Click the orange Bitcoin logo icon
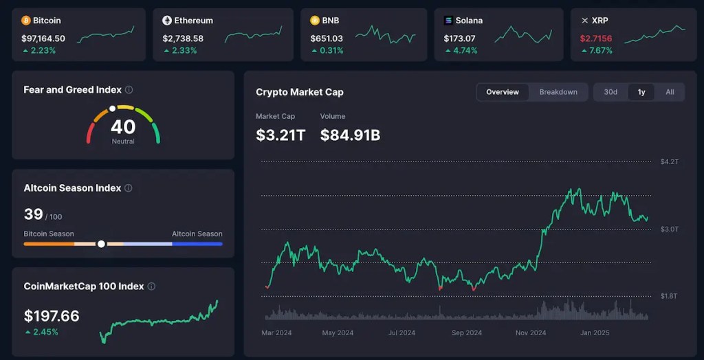tap(26, 21)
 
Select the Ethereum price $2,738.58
tap(183, 38)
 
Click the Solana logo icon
tap(448, 21)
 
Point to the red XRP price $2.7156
tap(595, 38)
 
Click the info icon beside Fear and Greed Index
tap(129, 90)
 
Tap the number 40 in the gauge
tap(123, 126)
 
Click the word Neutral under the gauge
tap(123, 142)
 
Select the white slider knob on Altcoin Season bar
tap(102, 244)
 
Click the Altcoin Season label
tap(197, 234)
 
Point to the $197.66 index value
tap(52, 316)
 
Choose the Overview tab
tap(503, 92)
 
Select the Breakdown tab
tap(558, 92)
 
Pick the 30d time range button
tap(610, 92)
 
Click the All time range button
tap(670, 92)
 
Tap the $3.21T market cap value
tap(280, 135)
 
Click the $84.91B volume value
tap(350, 135)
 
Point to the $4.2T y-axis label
tap(669, 162)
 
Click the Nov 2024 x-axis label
tap(531, 333)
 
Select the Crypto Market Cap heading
tap(300, 92)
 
